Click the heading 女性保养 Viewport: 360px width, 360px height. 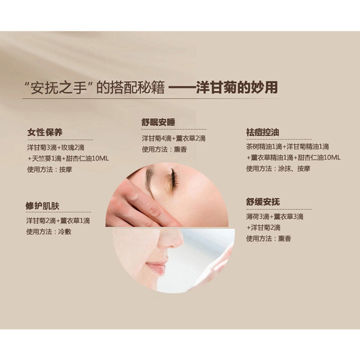pyautogui.click(x=45, y=132)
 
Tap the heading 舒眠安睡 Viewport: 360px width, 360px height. pyautogui.click(x=158, y=122)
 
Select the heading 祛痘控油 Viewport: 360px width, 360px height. pyautogui.click(x=262, y=132)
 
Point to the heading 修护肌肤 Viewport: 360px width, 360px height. pyautogui.click(x=42, y=206)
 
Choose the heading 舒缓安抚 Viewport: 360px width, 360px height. pyautogui.click(x=263, y=202)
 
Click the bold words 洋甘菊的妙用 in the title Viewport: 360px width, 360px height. pyautogui.click(x=237, y=87)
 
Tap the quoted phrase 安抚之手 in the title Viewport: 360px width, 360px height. pyautogui.click(x=59, y=87)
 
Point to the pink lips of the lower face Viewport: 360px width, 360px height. pyautogui.click(x=156, y=268)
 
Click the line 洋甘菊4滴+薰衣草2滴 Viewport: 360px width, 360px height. pyautogui.click(x=174, y=139)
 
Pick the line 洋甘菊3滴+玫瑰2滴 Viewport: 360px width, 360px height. pyautogui.click(x=56, y=148)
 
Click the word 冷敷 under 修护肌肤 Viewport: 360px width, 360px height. pyautogui.click(x=65, y=232)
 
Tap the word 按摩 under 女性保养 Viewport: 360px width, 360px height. pyautogui.click(x=66, y=170)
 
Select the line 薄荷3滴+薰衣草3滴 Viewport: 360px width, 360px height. pyautogui.click(x=274, y=217)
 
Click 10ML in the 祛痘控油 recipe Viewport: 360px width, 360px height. pyautogui.click(x=332, y=157)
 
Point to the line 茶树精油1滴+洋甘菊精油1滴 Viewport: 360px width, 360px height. pyautogui.click(x=288, y=147)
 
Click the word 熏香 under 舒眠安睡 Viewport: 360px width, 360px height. pyautogui.click(x=180, y=149)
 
